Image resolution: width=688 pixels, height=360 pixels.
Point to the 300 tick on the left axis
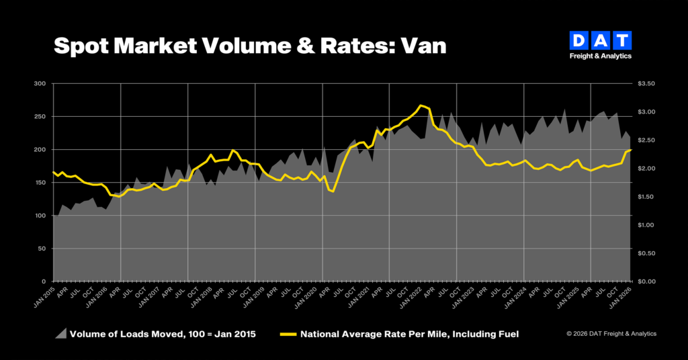(40, 84)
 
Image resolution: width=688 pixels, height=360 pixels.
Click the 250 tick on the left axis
(40, 117)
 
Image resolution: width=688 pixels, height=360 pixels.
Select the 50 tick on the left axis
(42, 249)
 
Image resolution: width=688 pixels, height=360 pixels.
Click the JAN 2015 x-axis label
(44, 297)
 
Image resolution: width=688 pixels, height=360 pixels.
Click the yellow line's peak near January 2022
(421, 105)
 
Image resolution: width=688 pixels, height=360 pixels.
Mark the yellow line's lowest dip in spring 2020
(333, 192)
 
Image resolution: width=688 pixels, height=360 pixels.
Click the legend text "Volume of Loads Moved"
(124, 334)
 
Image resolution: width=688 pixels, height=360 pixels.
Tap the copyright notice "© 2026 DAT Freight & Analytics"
(611, 334)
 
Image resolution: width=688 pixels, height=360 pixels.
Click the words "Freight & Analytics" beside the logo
(601, 56)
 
